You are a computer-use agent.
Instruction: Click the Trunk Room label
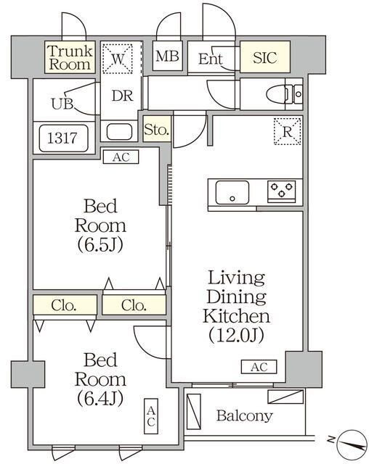tap(70, 57)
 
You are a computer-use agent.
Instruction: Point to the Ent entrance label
tap(210, 59)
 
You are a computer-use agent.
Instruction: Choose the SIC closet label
tap(264, 58)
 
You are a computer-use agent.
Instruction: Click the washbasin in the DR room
tap(118, 133)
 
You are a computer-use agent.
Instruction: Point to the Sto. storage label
tap(157, 130)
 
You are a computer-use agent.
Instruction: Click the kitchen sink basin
tap(230, 194)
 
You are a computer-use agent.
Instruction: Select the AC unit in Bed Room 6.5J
tap(121, 156)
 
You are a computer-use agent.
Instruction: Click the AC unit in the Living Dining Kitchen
tap(259, 367)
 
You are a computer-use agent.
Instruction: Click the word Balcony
tap(245, 415)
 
